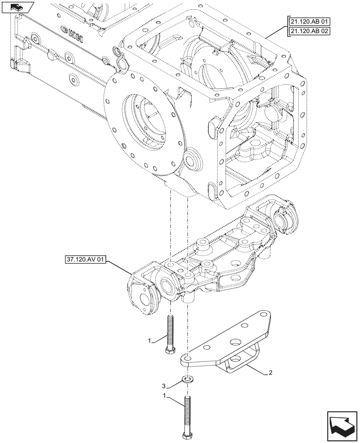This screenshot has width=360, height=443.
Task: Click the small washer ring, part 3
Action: [188, 380]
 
